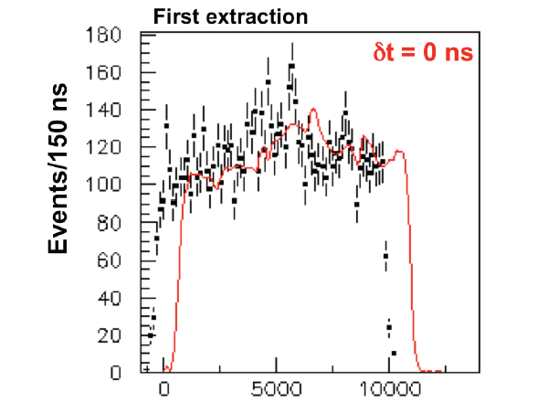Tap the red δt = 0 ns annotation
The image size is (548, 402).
pos(422,53)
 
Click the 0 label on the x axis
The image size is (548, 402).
pos(164,387)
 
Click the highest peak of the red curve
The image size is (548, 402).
pos(312,110)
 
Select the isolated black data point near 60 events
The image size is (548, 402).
pos(385,256)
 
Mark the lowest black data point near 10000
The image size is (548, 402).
pos(394,353)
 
